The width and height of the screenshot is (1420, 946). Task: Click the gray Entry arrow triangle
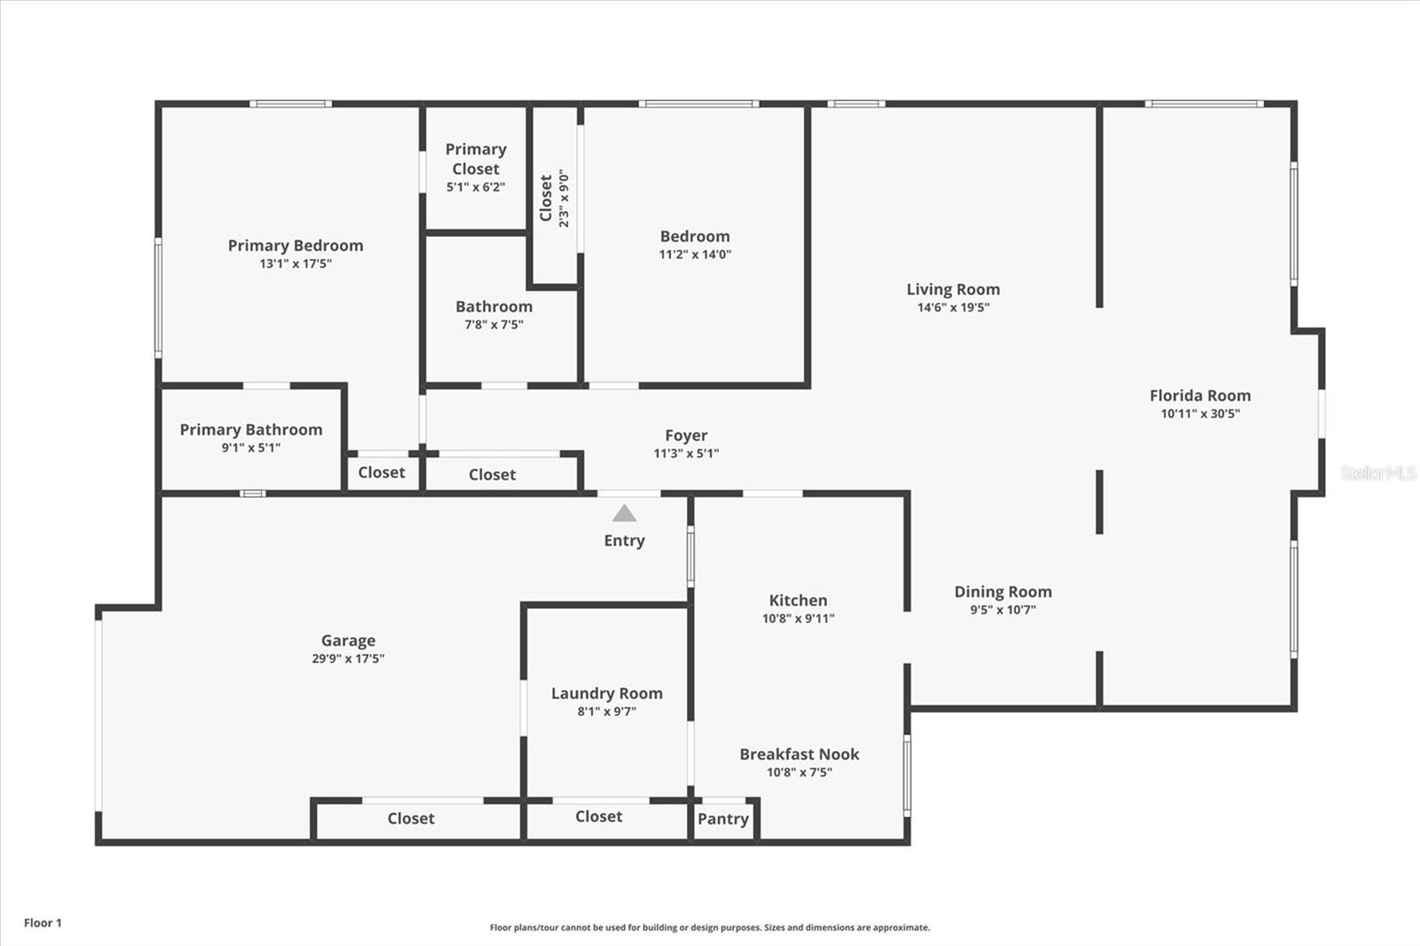tap(624, 514)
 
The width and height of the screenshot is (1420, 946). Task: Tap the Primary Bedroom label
tap(296, 246)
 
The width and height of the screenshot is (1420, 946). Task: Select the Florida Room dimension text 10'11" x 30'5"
tap(1200, 414)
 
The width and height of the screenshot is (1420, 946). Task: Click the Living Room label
tap(953, 289)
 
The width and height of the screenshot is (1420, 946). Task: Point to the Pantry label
tap(723, 819)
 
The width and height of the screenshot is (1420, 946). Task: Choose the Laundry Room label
tap(607, 694)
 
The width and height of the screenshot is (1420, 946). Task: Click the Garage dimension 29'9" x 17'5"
tap(348, 658)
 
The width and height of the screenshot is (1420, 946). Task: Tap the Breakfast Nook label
tap(800, 754)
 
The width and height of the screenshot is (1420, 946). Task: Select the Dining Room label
tap(1003, 592)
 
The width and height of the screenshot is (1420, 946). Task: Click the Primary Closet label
tap(476, 159)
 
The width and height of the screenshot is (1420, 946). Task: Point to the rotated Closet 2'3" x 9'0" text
tap(555, 198)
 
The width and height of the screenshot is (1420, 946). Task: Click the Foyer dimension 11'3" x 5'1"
tap(686, 453)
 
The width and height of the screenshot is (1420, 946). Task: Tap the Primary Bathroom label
tap(251, 430)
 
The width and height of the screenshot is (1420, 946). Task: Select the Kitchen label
tap(798, 601)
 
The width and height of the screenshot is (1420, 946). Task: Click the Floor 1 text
tap(43, 923)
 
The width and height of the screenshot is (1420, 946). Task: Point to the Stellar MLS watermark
tap(1378, 473)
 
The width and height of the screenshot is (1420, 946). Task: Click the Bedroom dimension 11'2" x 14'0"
tap(695, 255)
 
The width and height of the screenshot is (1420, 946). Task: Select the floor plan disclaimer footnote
tap(710, 927)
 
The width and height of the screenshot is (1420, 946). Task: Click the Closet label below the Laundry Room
tap(599, 816)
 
